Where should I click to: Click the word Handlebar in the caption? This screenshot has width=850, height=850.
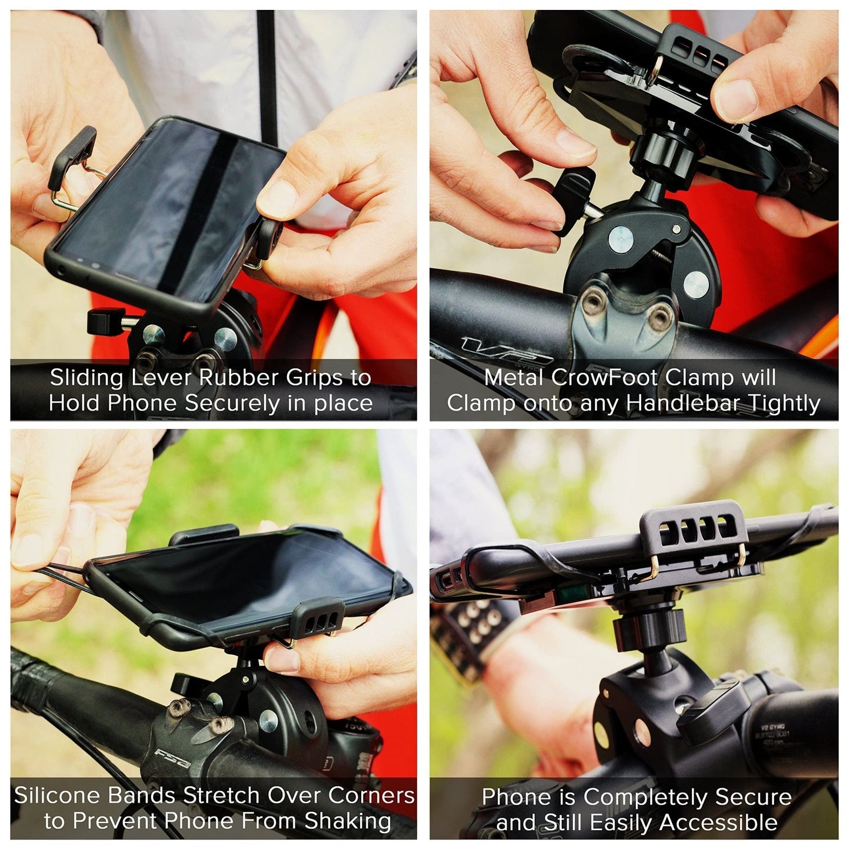[677, 404]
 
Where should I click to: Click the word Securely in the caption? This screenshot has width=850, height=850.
[233, 404]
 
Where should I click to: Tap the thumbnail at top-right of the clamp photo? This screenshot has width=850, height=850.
[735, 94]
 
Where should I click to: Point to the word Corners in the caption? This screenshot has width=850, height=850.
[371, 795]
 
